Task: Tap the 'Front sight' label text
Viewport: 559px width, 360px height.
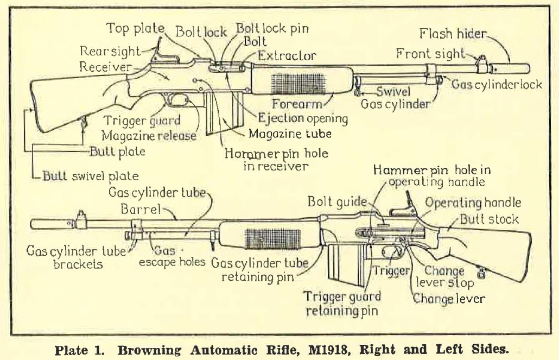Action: [430, 54]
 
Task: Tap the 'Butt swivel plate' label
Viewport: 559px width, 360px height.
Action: [92, 175]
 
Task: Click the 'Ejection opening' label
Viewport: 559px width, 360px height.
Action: [303, 117]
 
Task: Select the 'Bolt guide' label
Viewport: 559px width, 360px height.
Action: [338, 202]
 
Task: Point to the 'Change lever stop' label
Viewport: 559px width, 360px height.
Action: [443, 277]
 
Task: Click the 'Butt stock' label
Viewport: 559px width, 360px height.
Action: [489, 219]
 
